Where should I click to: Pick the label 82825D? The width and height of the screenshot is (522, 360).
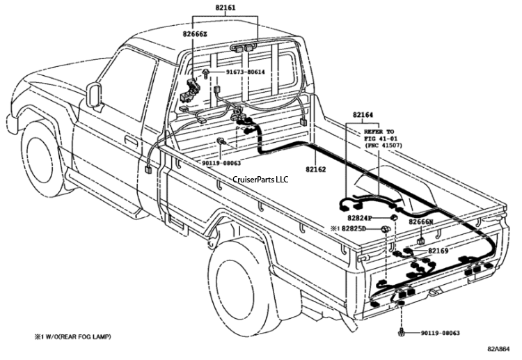pyautogui.click(x=358, y=228)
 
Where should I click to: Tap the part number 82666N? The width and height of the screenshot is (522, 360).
pyautogui.click(x=421, y=222)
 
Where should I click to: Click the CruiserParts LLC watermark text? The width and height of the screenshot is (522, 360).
pyautogui.click(x=262, y=179)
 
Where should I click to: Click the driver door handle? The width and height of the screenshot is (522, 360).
pyautogui.click(x=131, y=141)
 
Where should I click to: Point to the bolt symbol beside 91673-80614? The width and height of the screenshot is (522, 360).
pyautogui.click(x=208, y=72)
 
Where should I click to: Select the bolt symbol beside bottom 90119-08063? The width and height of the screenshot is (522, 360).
pyautogui.click(x=403, y=333)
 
